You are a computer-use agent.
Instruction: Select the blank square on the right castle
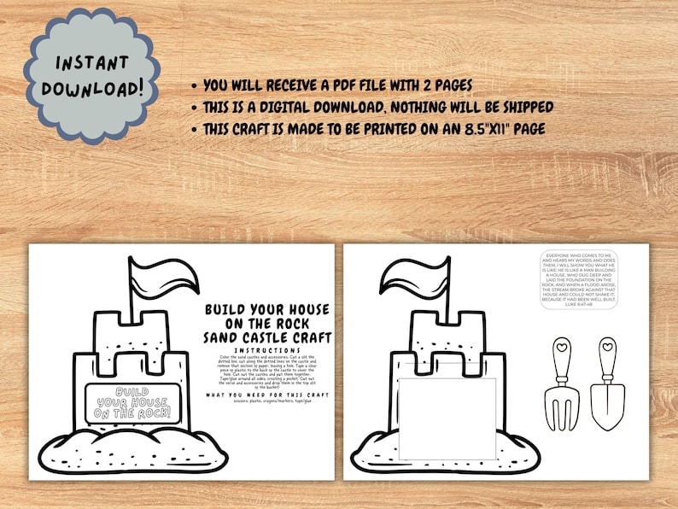coord(447,417)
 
